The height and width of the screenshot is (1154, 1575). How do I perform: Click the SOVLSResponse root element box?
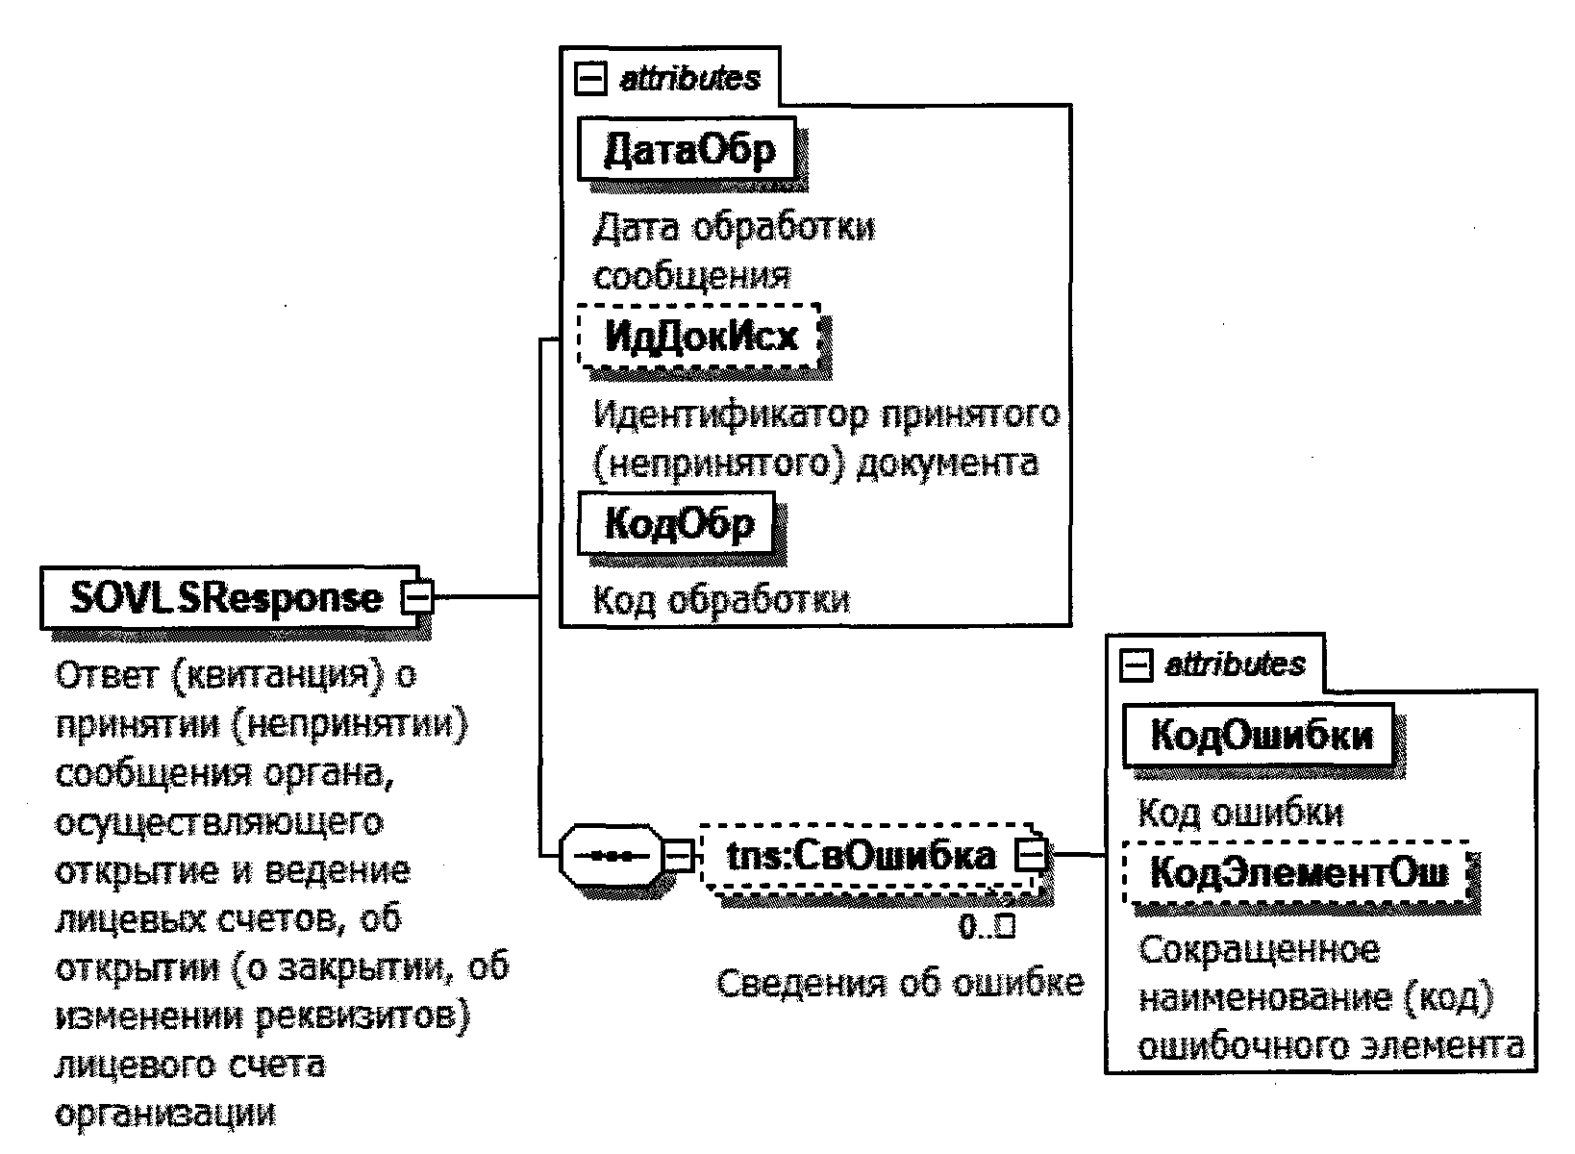pos(227,598)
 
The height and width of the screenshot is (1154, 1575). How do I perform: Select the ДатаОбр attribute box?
pos(687,149)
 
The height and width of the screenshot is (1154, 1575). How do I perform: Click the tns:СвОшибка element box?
pos(861,854)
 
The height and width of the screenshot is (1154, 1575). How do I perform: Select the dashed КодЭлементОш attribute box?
pos(1298,873)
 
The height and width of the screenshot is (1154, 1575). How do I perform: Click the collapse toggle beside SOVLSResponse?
pos(418,597)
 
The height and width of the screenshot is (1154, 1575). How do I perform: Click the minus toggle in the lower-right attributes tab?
pos(1137,665)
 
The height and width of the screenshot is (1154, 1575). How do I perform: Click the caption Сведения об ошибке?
pos(900,983)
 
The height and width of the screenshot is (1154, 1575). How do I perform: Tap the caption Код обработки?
pos(721,600)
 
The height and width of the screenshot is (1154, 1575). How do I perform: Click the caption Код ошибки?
pos(1240,814)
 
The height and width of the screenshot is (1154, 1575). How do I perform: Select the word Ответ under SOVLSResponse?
pos(107,676)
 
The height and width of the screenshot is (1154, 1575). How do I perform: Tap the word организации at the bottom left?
pos(165,1113)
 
